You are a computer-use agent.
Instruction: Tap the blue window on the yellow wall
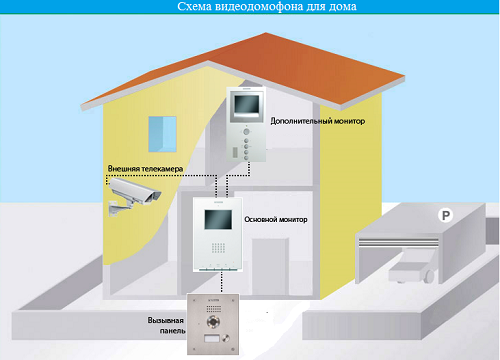(162, 134)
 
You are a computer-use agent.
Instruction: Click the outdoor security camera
(134, 196)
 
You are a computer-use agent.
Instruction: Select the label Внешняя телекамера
(145, 169)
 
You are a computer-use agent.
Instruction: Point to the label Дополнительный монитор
(317, 121)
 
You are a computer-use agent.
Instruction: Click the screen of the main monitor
(218, 219)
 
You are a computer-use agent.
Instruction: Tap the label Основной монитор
(276, 219)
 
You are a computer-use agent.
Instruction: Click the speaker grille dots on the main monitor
(218, 247)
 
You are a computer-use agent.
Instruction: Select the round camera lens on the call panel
(213, 322)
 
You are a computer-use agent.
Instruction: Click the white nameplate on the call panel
(212, 339)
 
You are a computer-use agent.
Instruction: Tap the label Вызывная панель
(166, 326)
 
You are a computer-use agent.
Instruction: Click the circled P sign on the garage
(445, 215)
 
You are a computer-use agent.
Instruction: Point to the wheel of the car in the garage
(429, 276)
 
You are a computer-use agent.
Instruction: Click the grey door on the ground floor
(270, 266)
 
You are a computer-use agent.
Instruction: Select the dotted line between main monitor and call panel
(221, 283)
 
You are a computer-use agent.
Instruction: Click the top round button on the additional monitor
(246, 131)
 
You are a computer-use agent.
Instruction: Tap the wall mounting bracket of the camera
(118, 208)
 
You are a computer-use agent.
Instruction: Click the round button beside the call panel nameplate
(226, 338)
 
